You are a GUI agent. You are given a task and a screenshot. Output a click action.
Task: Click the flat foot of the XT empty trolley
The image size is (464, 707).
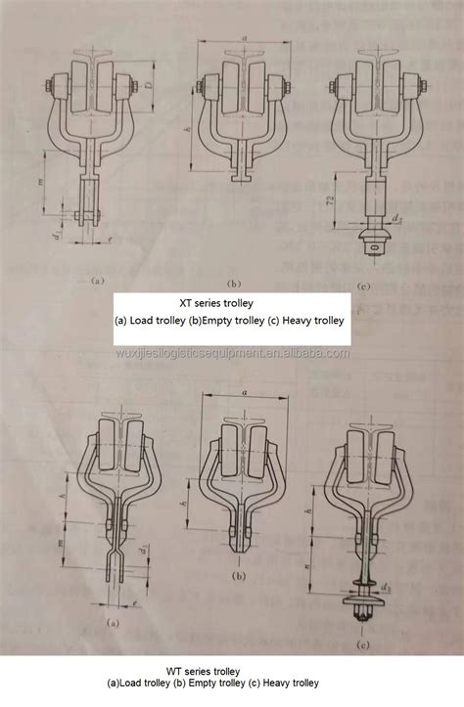241,180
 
